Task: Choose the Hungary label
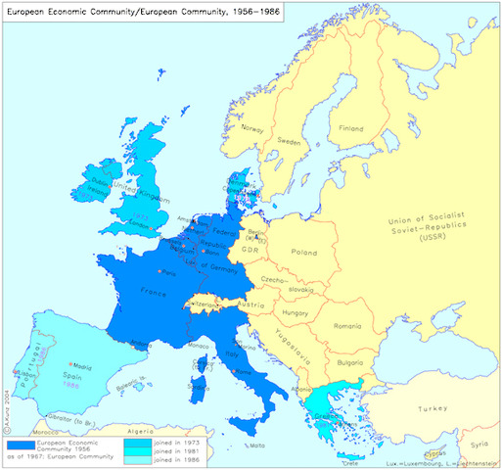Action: (296, 313)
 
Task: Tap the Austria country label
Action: (251, 305)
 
